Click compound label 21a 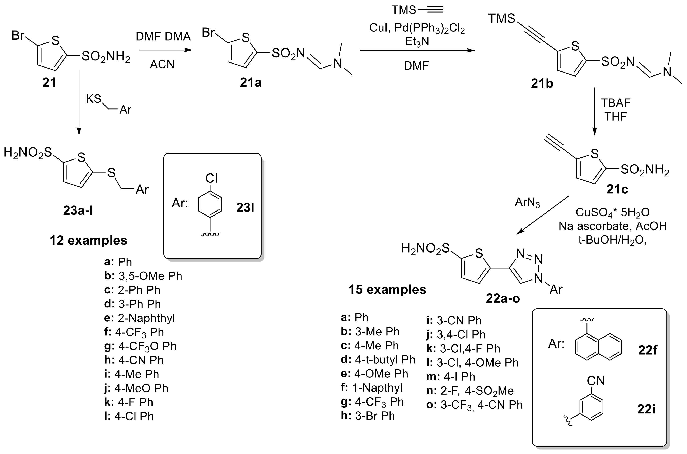pyautogui.click(x=251, y=83)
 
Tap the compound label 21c pyautogui.click(x=617, y=189)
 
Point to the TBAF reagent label pyautogui.click(x=616, y=103)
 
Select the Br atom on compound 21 pyautogui.click(x=18, y=36)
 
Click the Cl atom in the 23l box pyautogui.click(x=211, y=178)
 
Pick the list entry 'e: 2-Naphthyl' pyautogui.click(x=140, y=318)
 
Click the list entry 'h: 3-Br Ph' pyautogui.click(x=368, y=416)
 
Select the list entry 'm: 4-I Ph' pyautogui.click(x=451, y=377)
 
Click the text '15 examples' pyautogui.click(x=387, y=289)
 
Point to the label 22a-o pyautogui.click(x=503, y=298)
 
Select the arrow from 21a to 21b pyautogui.click(x=417, y=51)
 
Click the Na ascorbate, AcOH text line pyautogui.click(x=613, y=226)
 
